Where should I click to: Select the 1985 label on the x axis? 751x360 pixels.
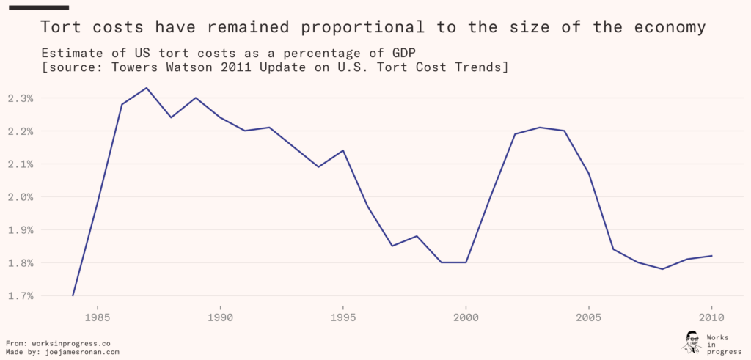click(x=98, y=318)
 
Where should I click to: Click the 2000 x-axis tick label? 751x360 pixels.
click(x=466, y=318)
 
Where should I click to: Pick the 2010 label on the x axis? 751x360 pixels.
click(x=711, y=318)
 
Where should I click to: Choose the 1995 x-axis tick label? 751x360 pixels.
click(x=343, y=318)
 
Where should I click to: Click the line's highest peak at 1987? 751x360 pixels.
click(x=147, y=88)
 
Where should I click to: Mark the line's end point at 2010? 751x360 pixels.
click(x=711, y=256)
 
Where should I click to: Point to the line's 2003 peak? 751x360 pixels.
click(x=540, y=128)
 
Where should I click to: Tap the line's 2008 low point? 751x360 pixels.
click(x=662, y=269)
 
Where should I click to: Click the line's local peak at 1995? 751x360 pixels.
click(x=343, y=150)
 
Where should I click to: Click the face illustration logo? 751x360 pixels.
click(x=691, y=342)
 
